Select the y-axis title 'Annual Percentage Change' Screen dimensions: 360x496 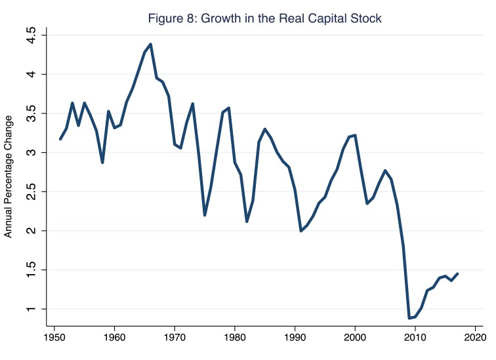click(9, 176)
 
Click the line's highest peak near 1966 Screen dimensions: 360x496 click(151, 45)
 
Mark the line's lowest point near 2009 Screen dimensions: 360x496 click(409, 318)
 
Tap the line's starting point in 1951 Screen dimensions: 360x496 click(60, 139)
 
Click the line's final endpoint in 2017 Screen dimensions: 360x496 click(457, 273)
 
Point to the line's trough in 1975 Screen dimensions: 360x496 click(205, 215)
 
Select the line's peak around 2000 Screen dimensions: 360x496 click(355, 135)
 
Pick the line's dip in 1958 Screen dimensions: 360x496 click(102, 163)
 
